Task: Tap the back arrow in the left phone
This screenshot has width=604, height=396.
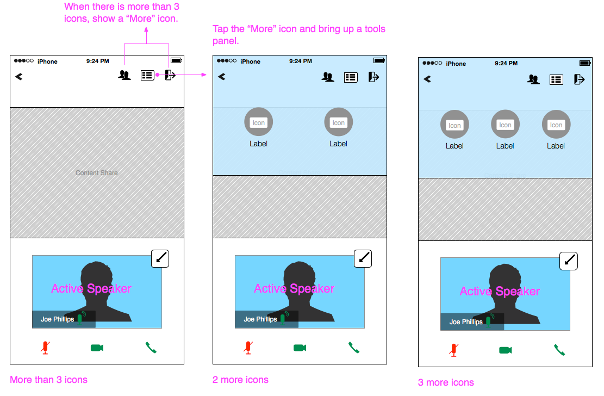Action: (19, 77)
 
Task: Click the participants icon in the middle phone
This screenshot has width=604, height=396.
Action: (328, 77)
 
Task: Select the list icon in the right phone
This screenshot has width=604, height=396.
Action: (556, 80)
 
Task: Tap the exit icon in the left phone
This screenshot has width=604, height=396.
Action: (170, 75)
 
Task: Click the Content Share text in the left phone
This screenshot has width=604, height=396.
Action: (97, 173)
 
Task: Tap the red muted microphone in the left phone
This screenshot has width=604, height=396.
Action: (46, 348)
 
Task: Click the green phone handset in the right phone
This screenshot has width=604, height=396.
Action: (559, 350)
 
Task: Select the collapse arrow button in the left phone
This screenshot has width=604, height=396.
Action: (160, 258)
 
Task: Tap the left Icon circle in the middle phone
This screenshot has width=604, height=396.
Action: (258, 122)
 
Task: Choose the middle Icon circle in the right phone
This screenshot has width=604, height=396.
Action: (505, 125)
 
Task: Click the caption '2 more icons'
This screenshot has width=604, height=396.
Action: (240, 380)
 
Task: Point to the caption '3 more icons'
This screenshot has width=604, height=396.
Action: (446, 382)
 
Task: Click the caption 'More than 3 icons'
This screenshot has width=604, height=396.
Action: (48, 380)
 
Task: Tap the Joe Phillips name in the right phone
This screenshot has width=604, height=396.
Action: (466, 322)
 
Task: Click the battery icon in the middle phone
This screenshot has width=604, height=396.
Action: (379, 60)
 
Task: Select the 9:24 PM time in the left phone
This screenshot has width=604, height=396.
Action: (97, 61)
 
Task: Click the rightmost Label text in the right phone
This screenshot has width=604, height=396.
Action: (556, 146)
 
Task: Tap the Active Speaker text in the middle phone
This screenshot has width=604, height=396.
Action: (294, 288)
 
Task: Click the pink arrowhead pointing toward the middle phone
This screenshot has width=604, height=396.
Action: (204, 75)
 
